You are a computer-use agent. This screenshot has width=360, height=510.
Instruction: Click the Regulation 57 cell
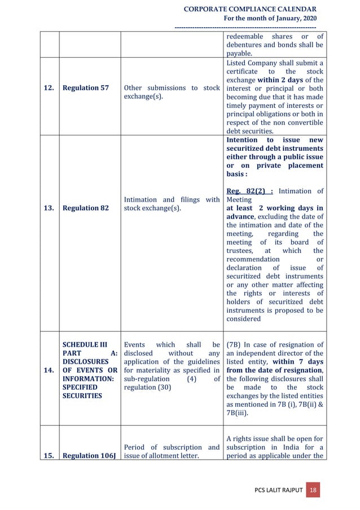[x=86, y=89]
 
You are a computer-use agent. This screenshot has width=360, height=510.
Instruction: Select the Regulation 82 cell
[x=86, y=208]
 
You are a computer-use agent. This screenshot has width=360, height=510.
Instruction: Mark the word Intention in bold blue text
[x=242, y=140]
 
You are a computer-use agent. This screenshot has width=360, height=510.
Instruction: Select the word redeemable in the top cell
[x=244, y=37]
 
